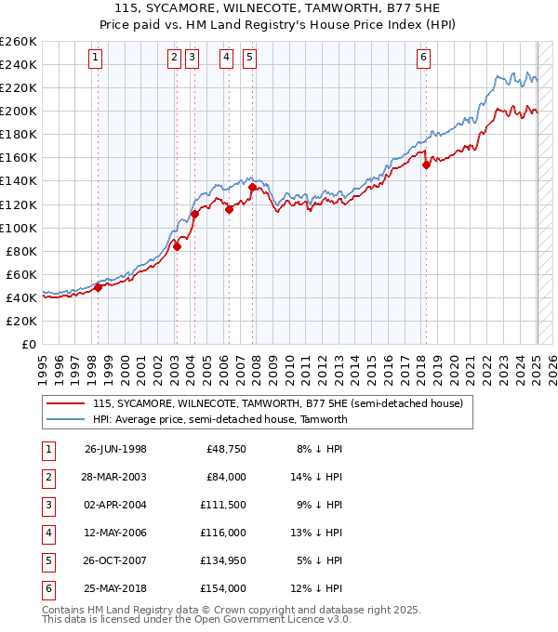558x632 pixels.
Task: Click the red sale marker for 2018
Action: click(426, 165)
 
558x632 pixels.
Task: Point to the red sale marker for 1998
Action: click(98, 287)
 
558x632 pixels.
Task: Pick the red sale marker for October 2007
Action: click(252, 187)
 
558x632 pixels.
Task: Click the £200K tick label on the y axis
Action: click(18, 111)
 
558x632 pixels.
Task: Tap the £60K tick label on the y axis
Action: click(21, 274)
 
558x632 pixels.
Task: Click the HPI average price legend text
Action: click(219, 419)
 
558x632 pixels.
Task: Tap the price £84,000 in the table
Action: click(226, 477)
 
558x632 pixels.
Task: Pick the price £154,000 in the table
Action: click(223, 588)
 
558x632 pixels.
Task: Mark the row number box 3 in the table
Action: click(47, 505)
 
